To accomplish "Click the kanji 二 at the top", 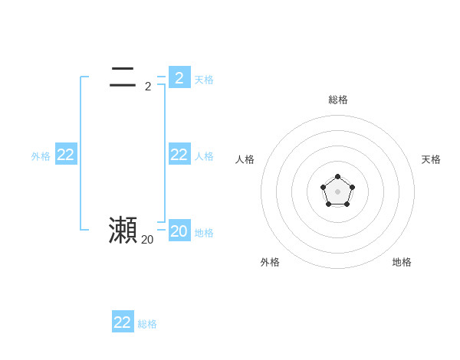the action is click(x=123, y=77).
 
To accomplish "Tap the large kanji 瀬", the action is click(x=123, y=230).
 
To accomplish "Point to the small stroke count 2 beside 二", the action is click(x=148, y=87).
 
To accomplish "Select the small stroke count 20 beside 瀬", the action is click(x=147, y=240).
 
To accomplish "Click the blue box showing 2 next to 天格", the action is click(x=179, y=77).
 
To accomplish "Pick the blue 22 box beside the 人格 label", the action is click(x=179, y=155).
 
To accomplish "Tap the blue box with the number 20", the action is click(x=179, y=231).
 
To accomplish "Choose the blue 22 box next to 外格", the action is click(x=66, y=155).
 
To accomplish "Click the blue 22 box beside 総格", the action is click(x=123, y=322).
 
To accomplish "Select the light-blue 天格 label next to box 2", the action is click(x=204, y=80).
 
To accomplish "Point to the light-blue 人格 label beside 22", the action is click(x=204, y=156).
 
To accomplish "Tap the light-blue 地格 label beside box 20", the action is click(x=204, y=233).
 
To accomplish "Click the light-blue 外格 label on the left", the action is click(x=41, y=156).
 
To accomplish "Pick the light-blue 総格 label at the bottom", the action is click(x=147, y=324).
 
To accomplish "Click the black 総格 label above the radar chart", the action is click(x=337, y=100).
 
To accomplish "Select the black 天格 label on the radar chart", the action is click(x=431, y=159).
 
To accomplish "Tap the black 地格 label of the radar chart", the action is click(x=402, y=262).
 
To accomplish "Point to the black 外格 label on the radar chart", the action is click(x=270, y=262).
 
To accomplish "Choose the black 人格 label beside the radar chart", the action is click(x=245, y=159).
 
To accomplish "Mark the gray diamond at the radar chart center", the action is click(x=337, y=191).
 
